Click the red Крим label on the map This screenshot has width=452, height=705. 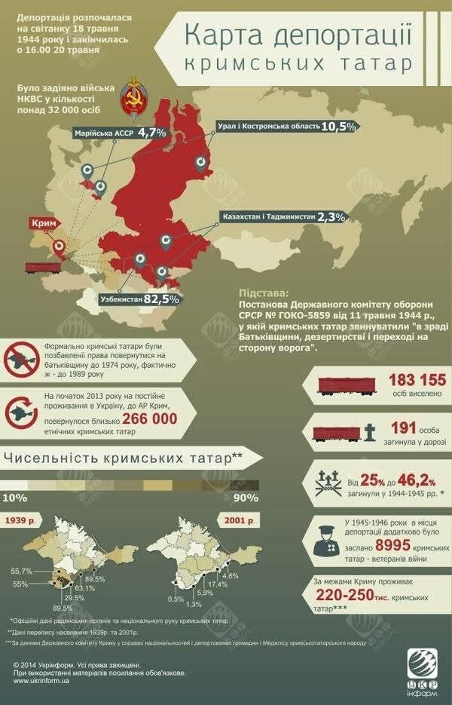coord(44,224)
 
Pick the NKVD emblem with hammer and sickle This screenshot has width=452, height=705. coord(134,100)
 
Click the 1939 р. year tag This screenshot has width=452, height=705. coord(22,522)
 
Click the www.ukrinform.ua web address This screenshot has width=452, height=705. coord(43,680)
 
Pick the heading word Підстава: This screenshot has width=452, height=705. coord(262,291)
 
